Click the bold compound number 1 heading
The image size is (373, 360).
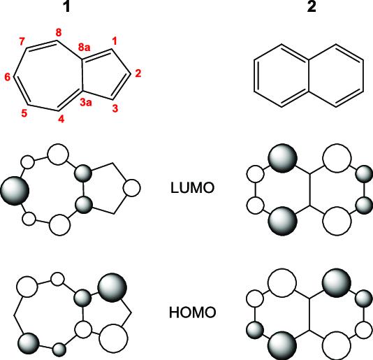[x=66, y=7]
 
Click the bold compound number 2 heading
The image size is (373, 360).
[x=312, y=7]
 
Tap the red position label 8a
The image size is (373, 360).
[x=85, y=48]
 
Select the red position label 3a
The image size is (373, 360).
[x=86, y=102]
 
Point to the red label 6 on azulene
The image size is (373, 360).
[x=8, y=77]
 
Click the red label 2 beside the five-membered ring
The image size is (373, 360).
[x=138, y=73]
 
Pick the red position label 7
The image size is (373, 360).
[x=22, y=41]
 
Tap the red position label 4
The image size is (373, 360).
[x=61, y=119]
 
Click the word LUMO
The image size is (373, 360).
[x=193, y=188]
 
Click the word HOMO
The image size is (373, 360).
[x=193, y=312]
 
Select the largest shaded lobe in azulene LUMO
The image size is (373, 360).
[x=15, y=191]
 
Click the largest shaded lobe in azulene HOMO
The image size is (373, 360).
[x=112, y=287]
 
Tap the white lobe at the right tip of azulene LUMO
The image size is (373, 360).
[x=132, y=188]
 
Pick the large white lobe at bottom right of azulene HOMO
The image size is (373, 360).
[x=113, y=338]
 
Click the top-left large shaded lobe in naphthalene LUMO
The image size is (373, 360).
[x=283, y=158]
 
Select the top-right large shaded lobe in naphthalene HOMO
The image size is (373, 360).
[x=337, y=283]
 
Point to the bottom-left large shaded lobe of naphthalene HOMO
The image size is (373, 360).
[x=282, y=345]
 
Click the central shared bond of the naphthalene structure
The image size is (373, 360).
[x=309, y=75]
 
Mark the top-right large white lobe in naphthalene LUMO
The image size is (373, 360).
[x=337, y=158]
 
